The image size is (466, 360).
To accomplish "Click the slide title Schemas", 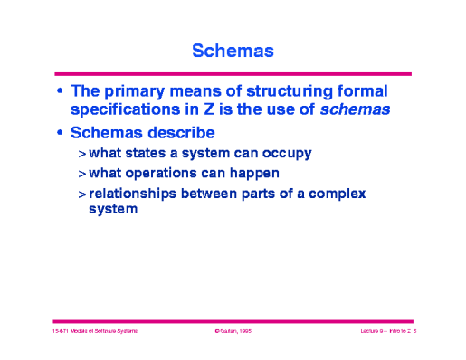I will point(233,52).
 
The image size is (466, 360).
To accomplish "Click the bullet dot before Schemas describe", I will point(60,134).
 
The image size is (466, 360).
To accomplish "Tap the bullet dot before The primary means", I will point(60,92).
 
